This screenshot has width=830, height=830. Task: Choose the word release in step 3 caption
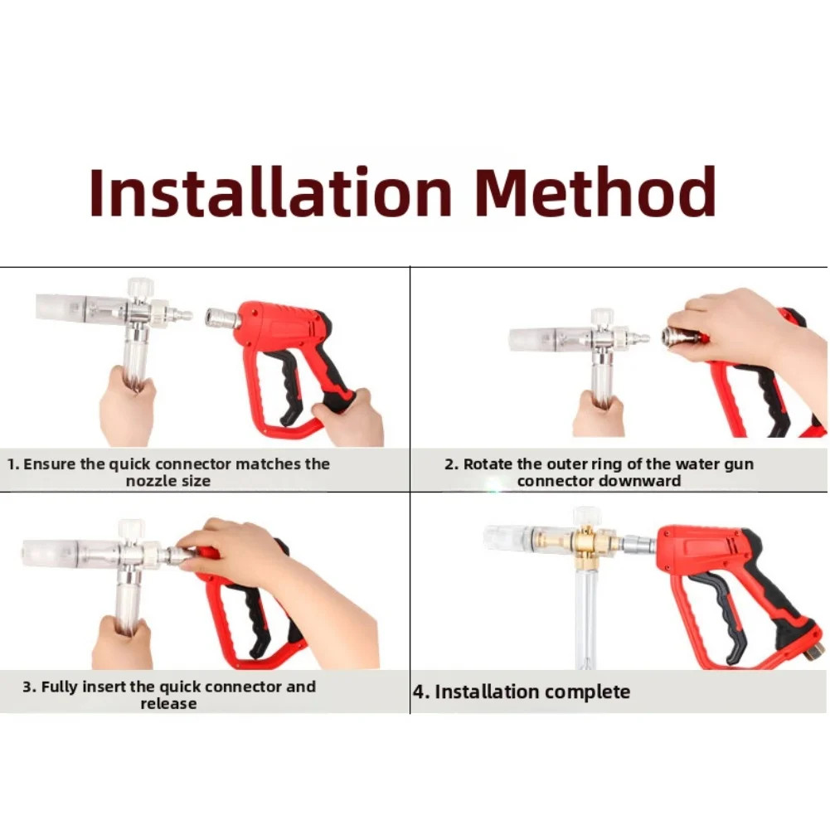click(168, 703)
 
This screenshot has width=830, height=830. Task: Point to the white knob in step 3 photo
click(131, 529)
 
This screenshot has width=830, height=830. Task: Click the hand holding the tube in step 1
click(127, 405)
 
